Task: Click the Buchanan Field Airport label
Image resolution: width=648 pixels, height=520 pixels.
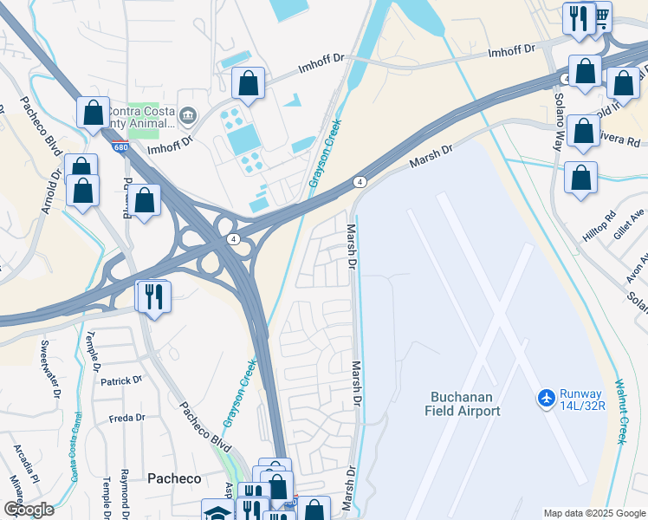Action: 464,404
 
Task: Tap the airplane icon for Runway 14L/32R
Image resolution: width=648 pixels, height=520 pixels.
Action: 546,397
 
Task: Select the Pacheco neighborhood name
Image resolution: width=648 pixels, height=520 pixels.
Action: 174,478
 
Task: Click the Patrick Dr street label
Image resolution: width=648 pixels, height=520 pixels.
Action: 120,380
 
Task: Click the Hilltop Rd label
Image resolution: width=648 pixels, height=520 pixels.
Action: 598,226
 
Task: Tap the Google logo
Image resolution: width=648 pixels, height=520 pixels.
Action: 28,509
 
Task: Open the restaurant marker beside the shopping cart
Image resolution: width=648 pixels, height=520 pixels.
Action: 576,17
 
